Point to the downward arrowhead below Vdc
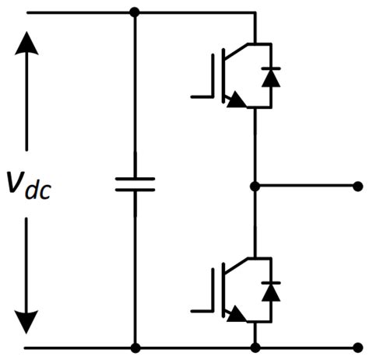click(27, 320)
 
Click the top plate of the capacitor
click(135, 178)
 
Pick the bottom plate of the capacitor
click(135, 190)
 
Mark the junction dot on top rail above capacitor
click(135, 12)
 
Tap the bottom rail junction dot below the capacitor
click(135, 348)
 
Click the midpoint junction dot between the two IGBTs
click(255, 186)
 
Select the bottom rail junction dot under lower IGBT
click(255, 348)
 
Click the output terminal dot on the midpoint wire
click(357, 186)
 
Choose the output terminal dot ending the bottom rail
click(357, 348)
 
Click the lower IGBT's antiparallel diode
click(270, 291)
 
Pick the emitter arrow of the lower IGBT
click(234, 315)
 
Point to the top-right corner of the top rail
click(255, 12)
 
